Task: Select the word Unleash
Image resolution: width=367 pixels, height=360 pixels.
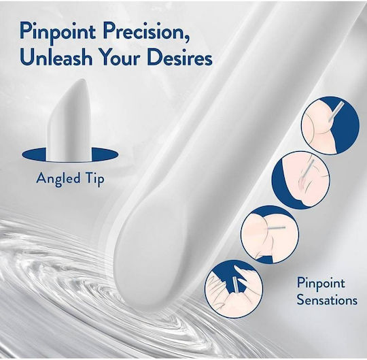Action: click(x=56, y=57)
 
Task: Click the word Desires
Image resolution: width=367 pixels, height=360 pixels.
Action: click(x=179, y=57)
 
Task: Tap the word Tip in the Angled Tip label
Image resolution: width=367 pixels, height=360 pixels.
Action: click(x=95, y=179)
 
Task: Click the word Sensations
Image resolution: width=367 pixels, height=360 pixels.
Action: click(x=327, y=299)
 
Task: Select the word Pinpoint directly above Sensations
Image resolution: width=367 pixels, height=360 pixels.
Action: click(x=321, y=284)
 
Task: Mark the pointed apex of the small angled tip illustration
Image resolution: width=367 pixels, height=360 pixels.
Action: click(x=84, y=79)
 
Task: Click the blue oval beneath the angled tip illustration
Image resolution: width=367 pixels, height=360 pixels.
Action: click(x=70, y=154)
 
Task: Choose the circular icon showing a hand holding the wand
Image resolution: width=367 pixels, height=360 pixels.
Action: click(x=234, y=289)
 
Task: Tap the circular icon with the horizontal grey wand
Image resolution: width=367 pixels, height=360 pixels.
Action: click(x=269, y=235)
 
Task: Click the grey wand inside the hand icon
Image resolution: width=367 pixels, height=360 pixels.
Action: click(x=235, y=284)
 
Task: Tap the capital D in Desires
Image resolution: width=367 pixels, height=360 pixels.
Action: click(x=154, y=57)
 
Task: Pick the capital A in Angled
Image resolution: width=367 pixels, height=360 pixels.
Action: click(x=41, y=178)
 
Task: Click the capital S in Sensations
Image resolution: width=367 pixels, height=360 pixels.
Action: click(x=300, y=299)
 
